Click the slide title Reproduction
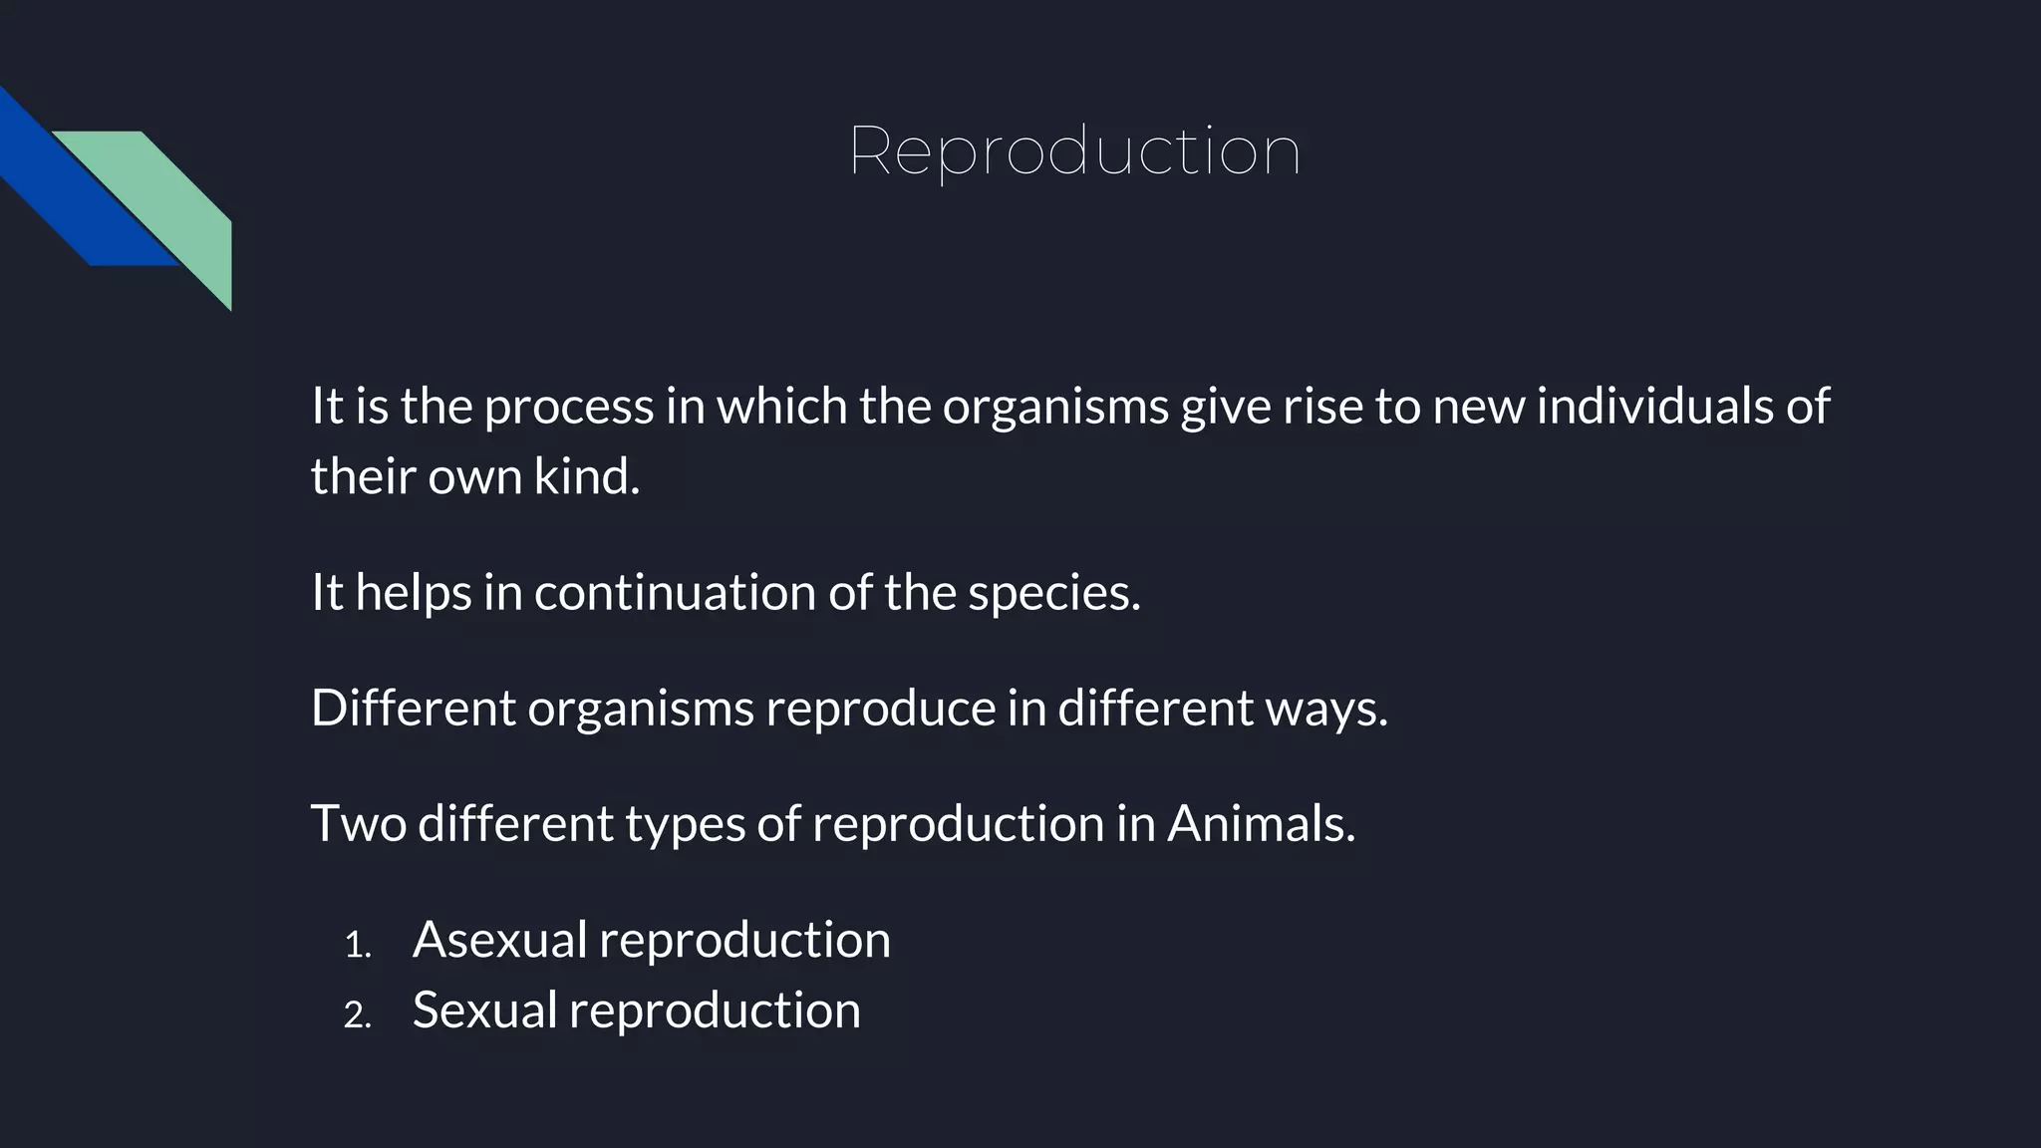pos(1074,152)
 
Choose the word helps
pos(414,594)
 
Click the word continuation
pos(676,592)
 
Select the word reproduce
pos(880,710)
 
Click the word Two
pos(359,824)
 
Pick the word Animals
pos(1261,824)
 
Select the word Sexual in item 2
pos(484,1009)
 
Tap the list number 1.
pos(357,945)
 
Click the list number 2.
pos(357,1014)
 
